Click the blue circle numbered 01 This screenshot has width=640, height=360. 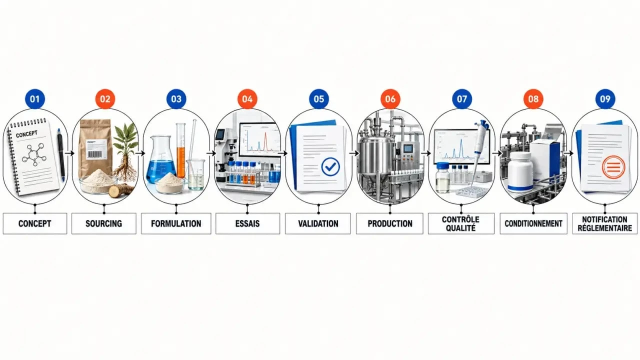click(x=35, y=99)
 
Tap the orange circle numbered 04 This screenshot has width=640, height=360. click(x=247, y=99)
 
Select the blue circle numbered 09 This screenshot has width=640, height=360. click(x=605, y=99)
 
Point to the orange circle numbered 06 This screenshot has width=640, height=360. click(x=390, y=99)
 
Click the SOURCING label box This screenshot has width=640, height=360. click(x=103, y=223)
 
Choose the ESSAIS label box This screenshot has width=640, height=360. click(x=247, y=223)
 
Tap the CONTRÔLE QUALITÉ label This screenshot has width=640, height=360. click(x=461, y=223)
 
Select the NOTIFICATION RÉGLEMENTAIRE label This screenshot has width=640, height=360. click(x=605, y=223)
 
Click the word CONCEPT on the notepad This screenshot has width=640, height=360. click(x=26, y=134)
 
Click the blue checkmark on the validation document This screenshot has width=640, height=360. click(x=330, y=167)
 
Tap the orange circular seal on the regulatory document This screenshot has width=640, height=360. click(x=613, y=167)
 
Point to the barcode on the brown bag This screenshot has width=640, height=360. click(x=94, y=154)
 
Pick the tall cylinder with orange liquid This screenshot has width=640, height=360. click(x=181, y=150)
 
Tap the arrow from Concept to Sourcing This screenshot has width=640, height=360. click(x=69, y=153)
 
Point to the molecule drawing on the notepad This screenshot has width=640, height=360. click(x=34, y=154)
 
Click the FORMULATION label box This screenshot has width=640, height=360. click(x=176, y=223)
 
